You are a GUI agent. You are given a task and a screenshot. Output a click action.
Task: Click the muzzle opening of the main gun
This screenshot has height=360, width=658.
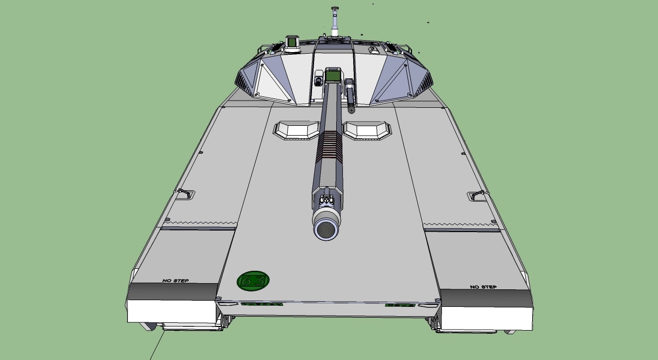(326, 229)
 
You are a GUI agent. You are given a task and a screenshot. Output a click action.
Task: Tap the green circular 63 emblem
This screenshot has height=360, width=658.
(253, 281)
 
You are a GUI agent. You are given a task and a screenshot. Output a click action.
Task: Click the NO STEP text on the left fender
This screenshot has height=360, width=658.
(175, 281)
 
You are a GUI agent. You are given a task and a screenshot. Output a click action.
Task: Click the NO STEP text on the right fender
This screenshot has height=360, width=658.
(483, 287)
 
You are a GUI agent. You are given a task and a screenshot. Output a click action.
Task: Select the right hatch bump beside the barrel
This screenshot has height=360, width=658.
(366, 130)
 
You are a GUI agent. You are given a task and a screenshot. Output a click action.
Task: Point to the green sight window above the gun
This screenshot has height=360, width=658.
(332, 76)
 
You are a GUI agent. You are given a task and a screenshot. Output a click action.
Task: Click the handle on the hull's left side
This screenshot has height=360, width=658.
(185, 194)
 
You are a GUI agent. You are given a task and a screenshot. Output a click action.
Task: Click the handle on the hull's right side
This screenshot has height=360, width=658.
(477, 195)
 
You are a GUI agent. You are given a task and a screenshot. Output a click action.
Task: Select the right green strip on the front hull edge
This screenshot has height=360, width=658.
(400, 305)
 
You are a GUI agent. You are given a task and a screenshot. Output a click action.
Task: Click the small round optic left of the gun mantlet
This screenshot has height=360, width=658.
(318, 80)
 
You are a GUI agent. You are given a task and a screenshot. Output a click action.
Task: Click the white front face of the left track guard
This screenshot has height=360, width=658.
(171, 312)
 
